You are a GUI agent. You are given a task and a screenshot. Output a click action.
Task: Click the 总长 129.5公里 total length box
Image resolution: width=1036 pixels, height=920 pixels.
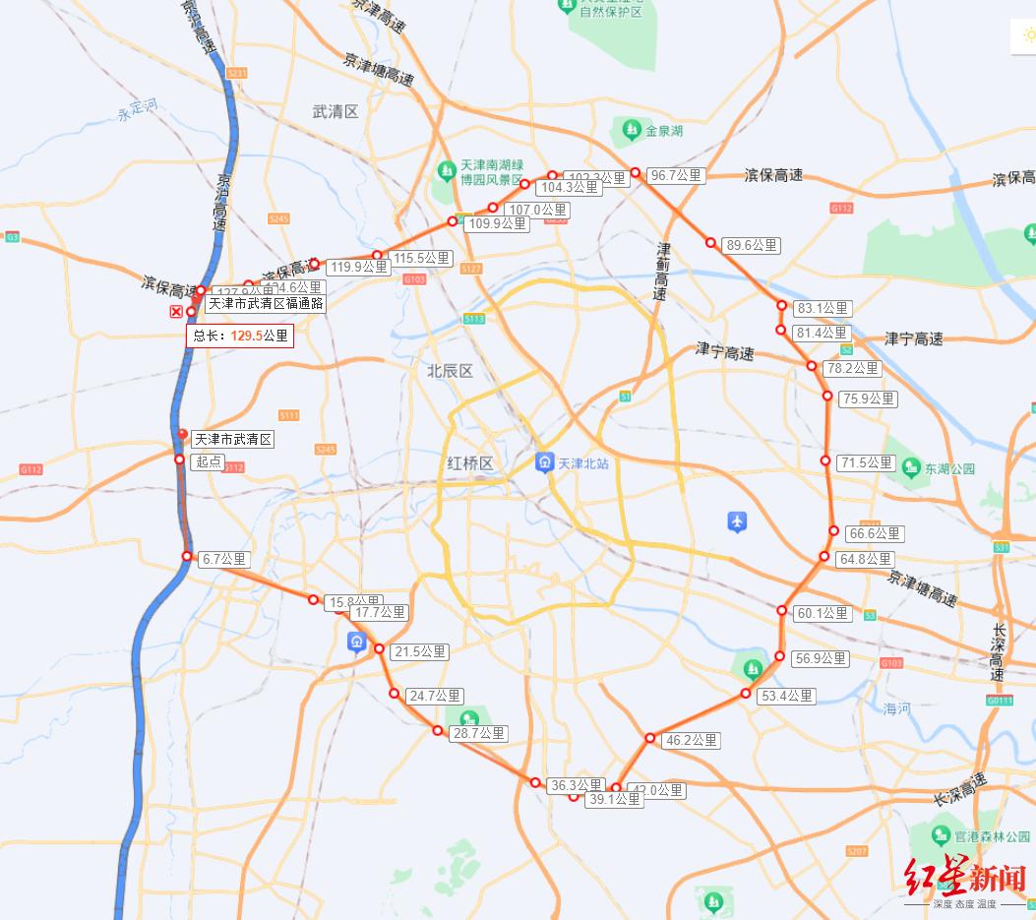click(x=241, y=336)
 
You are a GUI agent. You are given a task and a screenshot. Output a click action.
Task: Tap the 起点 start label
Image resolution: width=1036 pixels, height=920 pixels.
click(x=208, y=460)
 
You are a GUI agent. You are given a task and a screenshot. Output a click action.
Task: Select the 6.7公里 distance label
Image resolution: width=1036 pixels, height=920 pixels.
click(x=224, y=559)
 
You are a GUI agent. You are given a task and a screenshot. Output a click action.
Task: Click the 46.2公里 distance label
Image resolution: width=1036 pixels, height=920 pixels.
click(x=693, y=740)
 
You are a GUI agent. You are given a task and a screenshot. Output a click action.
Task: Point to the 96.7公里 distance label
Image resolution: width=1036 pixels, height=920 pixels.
click(x=677, y=175)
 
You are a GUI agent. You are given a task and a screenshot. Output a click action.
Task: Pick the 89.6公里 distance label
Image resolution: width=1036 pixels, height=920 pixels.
click(x=751, y=245)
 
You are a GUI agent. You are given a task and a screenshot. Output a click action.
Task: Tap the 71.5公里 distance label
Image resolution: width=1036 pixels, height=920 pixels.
click(x=866, y=462)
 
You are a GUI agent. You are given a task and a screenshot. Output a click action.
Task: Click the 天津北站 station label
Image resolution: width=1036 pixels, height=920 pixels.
click(x=583, y=462)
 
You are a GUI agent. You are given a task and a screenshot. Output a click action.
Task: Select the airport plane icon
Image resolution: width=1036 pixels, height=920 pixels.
click(x=737, y=521)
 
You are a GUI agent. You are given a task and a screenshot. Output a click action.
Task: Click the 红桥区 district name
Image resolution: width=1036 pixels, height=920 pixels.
click(x=469, y=462)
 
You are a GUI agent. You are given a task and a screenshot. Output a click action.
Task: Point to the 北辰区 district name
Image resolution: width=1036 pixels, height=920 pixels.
click(x=450, y=371)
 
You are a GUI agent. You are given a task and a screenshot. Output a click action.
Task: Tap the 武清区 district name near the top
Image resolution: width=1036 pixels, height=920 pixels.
click(x=335, y=111)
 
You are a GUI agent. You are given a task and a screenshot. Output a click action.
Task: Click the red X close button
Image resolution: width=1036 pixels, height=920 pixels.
click(x=176, y=312)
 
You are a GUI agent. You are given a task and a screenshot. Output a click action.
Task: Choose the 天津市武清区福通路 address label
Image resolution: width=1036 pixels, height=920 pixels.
click(x=265, y=303)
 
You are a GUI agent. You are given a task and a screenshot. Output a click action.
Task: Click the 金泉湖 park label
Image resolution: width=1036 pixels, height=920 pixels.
click(x=662, y=130)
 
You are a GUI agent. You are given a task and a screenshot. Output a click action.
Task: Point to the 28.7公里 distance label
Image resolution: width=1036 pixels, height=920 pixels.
click(x=478, y=733)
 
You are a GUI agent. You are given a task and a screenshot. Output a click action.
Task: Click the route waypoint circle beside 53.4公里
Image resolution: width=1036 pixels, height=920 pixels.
click(x=746, y=695)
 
